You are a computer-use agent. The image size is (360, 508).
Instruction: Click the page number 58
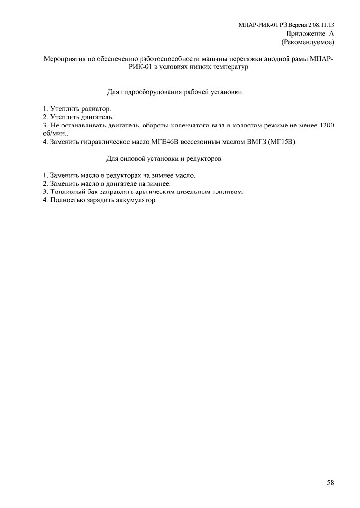click(330, 482)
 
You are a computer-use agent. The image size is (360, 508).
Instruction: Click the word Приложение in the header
click(303, 33)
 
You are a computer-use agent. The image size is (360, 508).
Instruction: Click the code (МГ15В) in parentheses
click(283, 142)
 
